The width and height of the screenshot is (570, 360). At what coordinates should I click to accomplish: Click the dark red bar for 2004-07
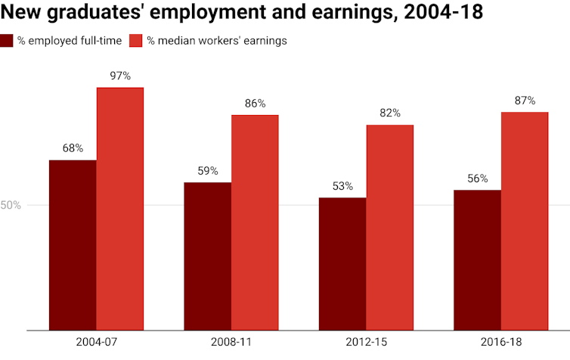click(73, 245)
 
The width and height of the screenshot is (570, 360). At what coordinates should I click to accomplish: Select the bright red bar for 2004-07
click(119, 209)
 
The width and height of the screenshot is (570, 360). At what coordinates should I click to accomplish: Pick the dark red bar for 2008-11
click(208, 256)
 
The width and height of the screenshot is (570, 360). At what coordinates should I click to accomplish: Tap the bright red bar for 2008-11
click(255, 222)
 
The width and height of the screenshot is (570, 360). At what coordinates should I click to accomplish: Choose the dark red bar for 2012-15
click(342, 264)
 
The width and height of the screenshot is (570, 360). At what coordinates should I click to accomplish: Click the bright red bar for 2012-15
click(390, 228)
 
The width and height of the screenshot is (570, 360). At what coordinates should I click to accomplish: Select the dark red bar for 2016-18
click(478, 260)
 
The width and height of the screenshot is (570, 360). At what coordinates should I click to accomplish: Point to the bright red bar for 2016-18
click(525, 221)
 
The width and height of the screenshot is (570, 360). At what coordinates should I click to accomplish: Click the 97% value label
click(119, 76)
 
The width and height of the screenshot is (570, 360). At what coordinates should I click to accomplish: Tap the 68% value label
click(73, 148)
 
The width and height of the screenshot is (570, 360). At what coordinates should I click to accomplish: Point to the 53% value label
click(342, 186)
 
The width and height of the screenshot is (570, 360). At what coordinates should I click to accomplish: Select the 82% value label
click(390, 113)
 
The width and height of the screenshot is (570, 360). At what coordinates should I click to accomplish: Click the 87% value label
click(525, 100)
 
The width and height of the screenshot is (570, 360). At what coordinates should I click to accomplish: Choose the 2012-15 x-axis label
click(366, 343)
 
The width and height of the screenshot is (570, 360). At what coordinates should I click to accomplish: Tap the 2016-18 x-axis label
click(501, 343)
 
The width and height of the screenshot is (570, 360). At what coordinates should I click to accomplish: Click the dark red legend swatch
click(7, 41)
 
